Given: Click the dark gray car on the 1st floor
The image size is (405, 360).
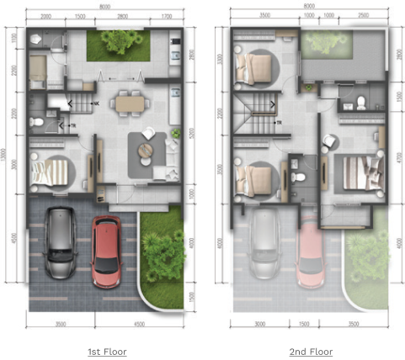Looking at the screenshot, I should click(x=59, y=243).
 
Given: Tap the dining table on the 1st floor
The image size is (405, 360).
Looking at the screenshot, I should click(x=130, y=103).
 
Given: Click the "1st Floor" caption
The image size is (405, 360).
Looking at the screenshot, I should click(x=107, y=351).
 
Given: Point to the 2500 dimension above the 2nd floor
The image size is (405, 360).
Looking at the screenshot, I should click(x=362, y=16).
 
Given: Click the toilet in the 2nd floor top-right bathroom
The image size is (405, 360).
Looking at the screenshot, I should click(x=361, y=103).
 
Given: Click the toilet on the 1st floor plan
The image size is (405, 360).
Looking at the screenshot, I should click(x=36, y=122).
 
